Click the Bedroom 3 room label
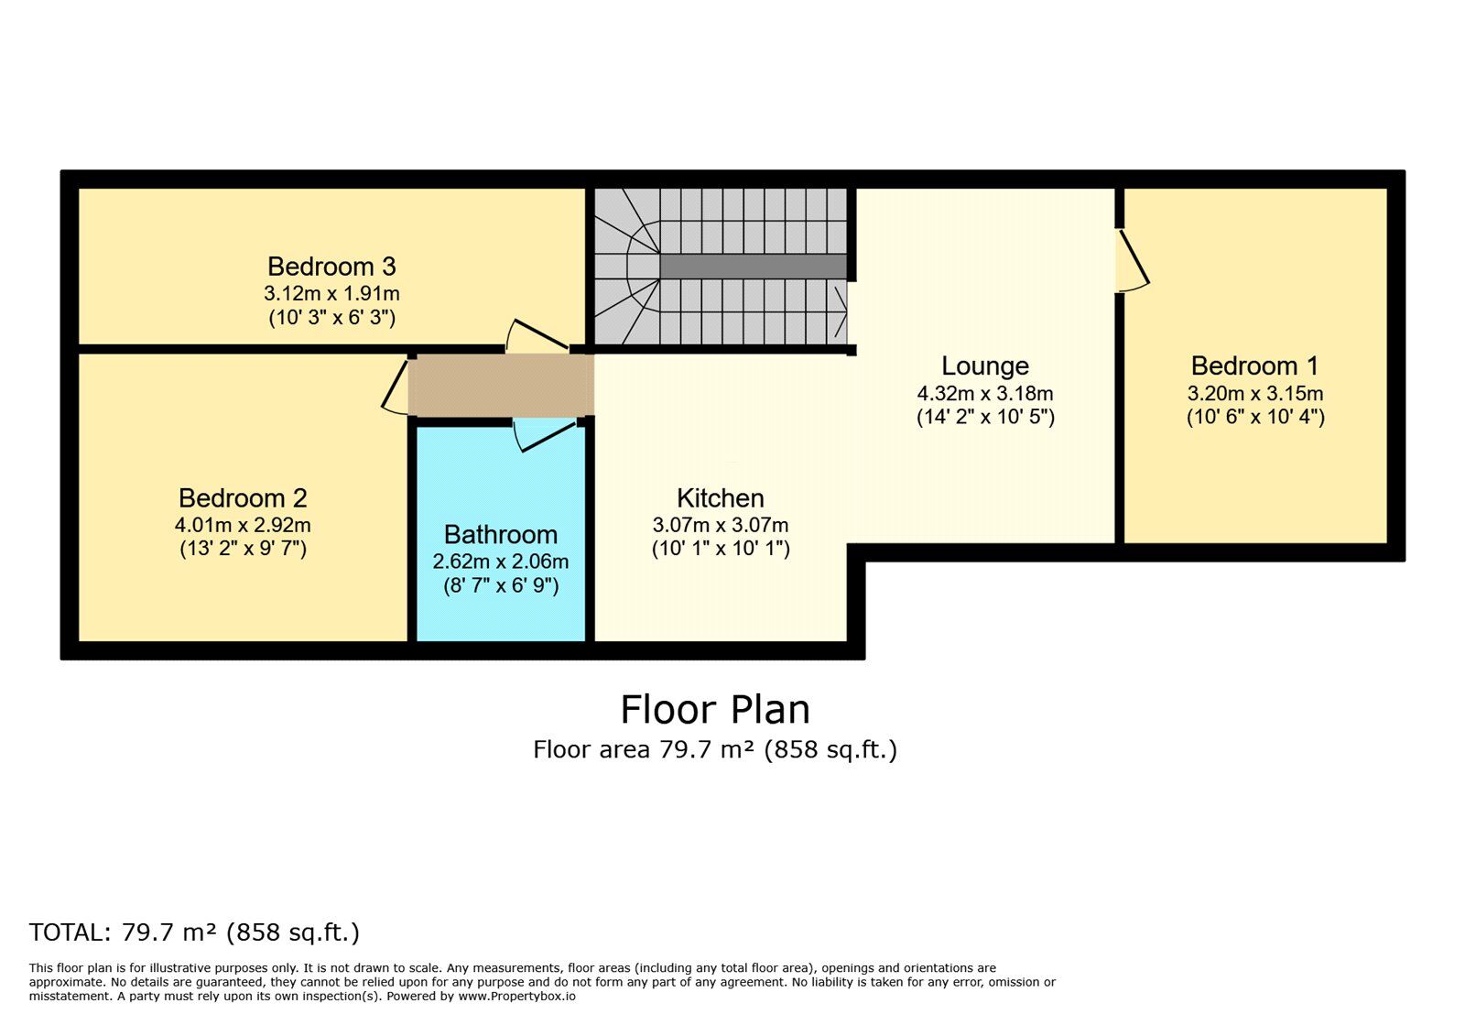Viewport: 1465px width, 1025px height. (x=331, y=267)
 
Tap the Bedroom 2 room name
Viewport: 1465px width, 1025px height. (x=243, y=498)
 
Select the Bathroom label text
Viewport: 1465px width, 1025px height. (x=500, y=535)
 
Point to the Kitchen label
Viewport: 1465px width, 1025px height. (x=720, y=498)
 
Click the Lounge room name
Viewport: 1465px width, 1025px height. (x=985, y=366)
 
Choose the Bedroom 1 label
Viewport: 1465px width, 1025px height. (x=1254, y=366)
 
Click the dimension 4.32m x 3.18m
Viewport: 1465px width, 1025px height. (x=985, y=394)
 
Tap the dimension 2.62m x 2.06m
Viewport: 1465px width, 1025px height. (x=500, y=562)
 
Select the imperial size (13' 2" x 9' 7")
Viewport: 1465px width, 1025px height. (x=243, y=549)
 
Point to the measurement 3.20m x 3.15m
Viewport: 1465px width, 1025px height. (x=1254, y=394)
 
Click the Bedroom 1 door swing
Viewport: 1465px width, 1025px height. (x=1134, y=260)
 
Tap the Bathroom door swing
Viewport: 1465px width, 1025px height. (x=544, y=434)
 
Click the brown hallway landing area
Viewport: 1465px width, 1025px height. (x=500, y=386)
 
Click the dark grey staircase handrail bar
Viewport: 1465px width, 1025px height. (x=753, y=267)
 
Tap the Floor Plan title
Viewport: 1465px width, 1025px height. (x=715, y=710)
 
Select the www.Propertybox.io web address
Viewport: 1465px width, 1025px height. (x=516, y=997)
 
